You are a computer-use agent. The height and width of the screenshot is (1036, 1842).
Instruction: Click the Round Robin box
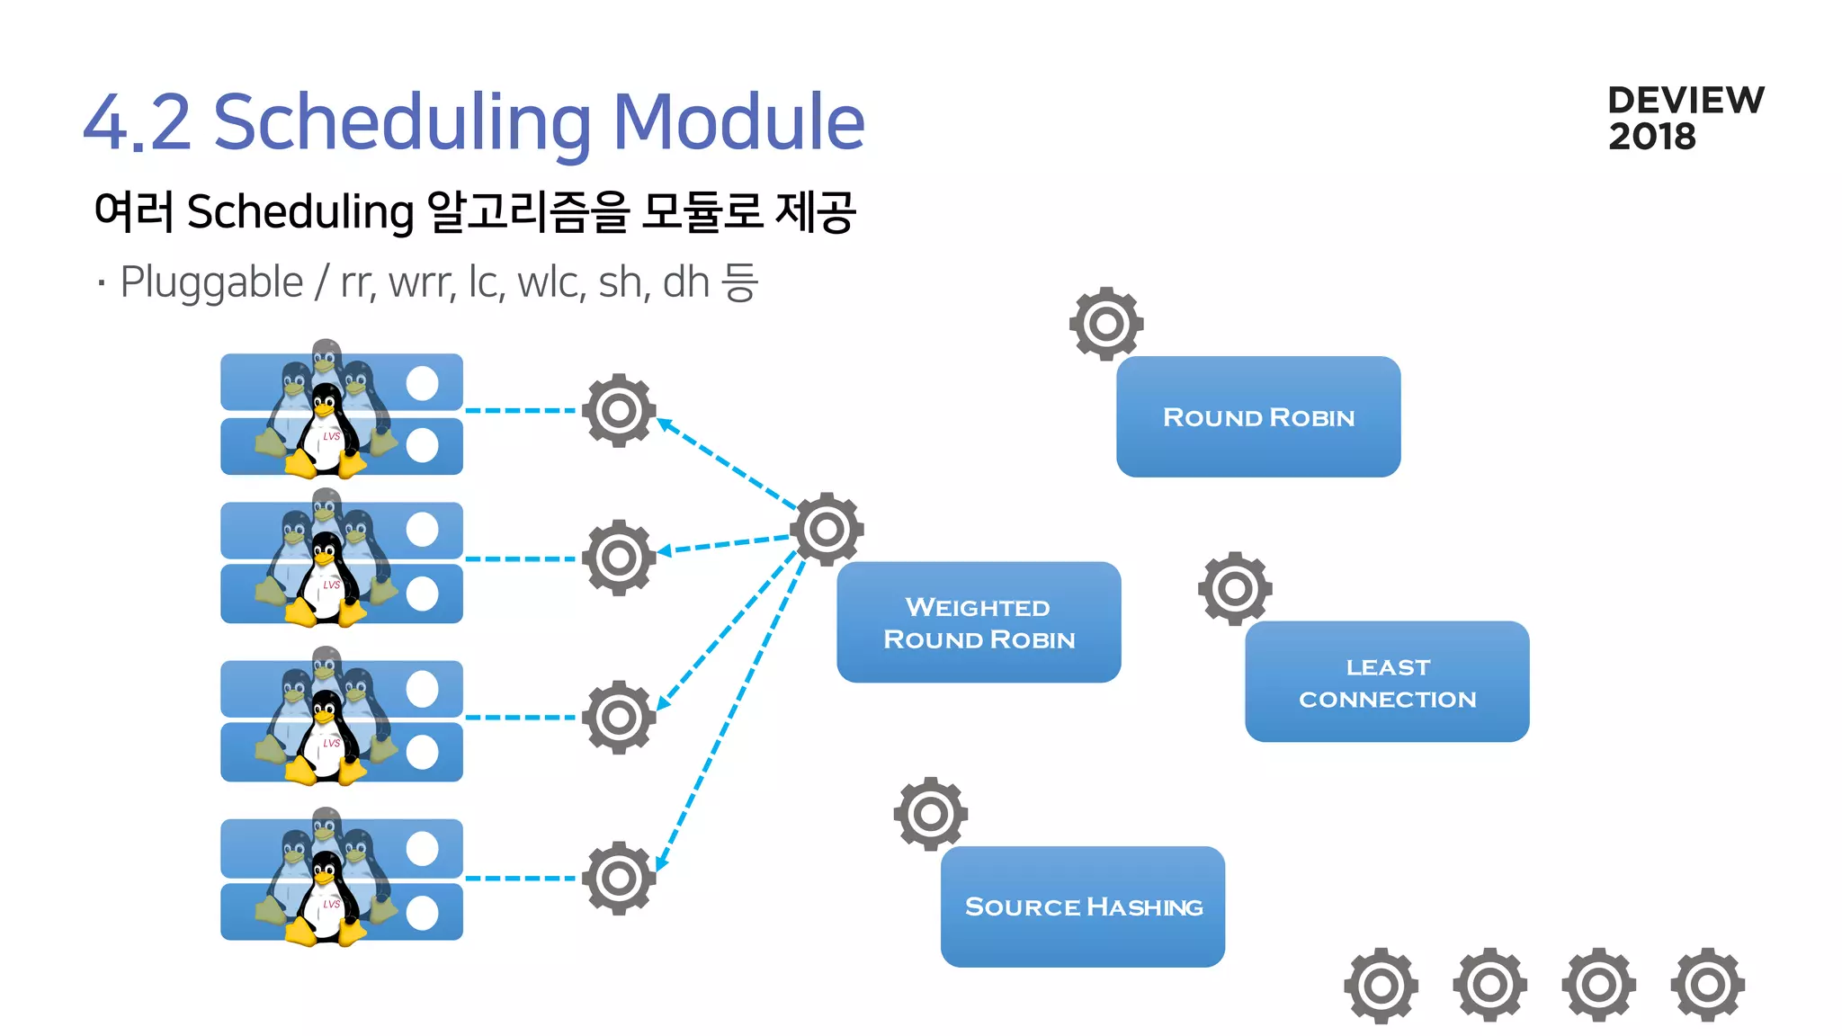(1257, 416)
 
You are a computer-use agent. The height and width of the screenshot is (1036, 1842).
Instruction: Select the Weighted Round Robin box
(979, 622)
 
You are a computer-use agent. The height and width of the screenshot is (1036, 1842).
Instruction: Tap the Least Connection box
(1387, 682)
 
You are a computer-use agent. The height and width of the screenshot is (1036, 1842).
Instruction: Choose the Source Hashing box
(1083, 906)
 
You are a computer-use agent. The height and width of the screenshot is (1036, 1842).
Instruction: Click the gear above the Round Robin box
(1106, 324)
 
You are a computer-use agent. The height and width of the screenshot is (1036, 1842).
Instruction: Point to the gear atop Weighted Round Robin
(827, 529)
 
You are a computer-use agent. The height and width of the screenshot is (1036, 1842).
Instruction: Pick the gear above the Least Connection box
(1235, 589)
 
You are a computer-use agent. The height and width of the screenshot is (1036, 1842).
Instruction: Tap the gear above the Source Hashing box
(930, 814)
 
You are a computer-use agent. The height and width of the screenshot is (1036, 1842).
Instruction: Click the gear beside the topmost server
(619, 411)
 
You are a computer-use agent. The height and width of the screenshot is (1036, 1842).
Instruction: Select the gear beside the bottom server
(619, 878)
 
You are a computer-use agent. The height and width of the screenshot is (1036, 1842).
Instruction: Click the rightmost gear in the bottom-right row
(1707, 986)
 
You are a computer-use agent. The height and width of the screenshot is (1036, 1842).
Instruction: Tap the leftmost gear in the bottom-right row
(1381, 986)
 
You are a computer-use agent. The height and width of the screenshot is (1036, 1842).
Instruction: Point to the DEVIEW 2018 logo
(1685, 118)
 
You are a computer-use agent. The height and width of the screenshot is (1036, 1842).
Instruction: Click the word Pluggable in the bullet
(211, 283)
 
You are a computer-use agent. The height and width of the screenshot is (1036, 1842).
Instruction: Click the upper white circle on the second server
(422, 530)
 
